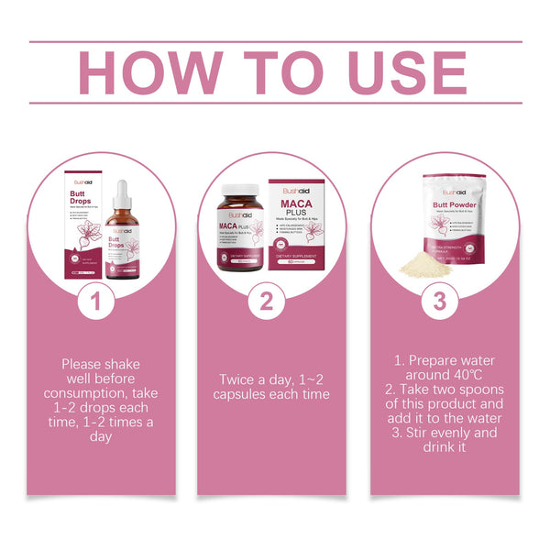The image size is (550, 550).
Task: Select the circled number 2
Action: [267, 301]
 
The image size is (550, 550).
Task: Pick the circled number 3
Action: [439, 301]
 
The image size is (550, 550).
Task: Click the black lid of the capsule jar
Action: [239, 195]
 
